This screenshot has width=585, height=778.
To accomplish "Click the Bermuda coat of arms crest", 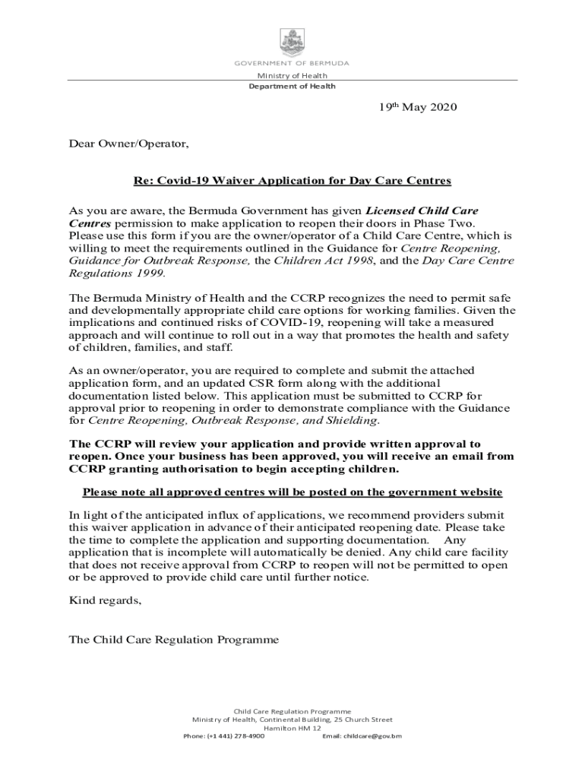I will [x=292, y=42].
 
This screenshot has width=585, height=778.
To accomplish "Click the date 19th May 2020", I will [x=419, y=108].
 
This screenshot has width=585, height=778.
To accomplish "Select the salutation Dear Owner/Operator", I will [x=128, y=144].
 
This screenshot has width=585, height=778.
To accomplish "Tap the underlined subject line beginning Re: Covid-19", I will [x=292, y=181].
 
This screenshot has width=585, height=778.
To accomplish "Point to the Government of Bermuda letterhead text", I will [x=292, y=63].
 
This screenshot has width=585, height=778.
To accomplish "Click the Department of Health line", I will [x=292, y=86].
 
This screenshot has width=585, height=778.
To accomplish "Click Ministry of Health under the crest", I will [x=292, y=75].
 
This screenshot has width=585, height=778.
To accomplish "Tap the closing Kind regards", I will [x=105, y=600].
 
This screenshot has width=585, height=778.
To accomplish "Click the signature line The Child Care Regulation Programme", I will [x=174, y=640].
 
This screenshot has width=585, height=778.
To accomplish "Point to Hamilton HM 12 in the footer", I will [x=292, y=728].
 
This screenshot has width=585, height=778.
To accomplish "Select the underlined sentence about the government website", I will [x=292, y=492].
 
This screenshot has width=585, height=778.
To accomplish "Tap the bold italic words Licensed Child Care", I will [x=422, y=210].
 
